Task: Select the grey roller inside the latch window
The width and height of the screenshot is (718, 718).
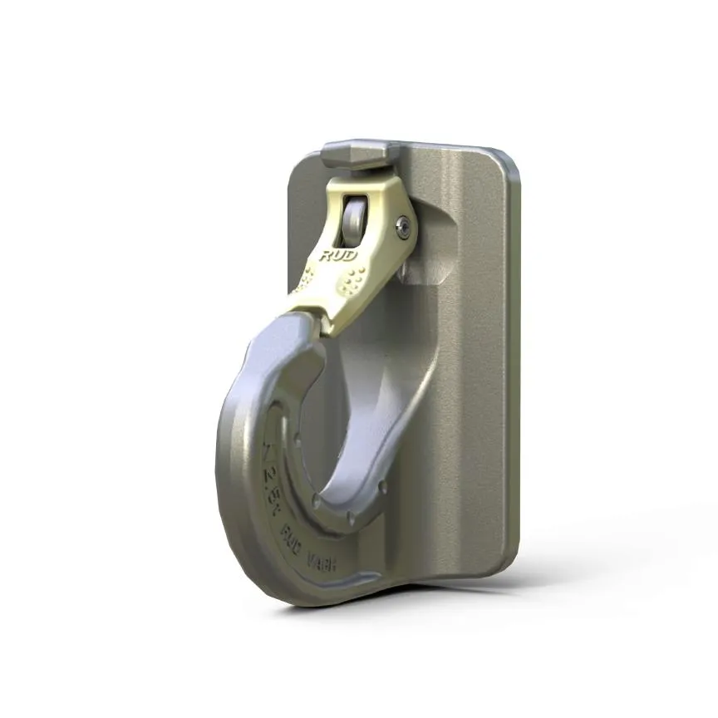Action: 356,218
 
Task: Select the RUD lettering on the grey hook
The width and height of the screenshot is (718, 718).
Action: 293,532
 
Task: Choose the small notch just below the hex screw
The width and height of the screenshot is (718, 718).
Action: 403,270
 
